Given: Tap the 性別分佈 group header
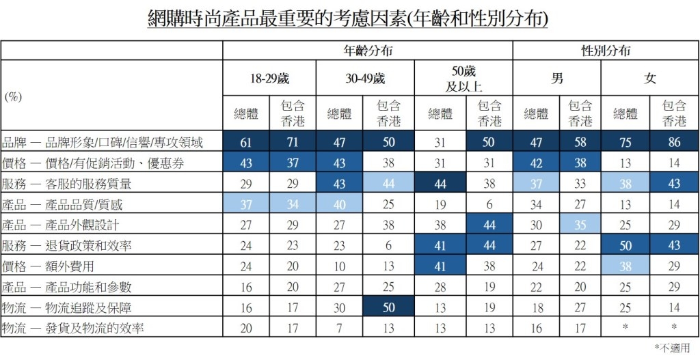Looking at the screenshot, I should pos(606,51).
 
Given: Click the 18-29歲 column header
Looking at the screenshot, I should pos(269,79).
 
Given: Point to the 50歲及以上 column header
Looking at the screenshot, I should pos(464,79).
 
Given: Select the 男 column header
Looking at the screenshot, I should pos(557,79).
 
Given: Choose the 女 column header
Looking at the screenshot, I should pos(649,79).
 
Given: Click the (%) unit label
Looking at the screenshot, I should pos(14,97).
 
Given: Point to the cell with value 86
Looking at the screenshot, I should pos(674,143).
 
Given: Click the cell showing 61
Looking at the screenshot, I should pos(246,143).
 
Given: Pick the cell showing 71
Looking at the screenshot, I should pos(293,143).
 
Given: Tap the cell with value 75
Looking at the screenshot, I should pos(625,143).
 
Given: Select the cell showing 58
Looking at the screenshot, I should pos(580,143).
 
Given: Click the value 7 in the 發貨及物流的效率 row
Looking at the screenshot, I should pos(340,329).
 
